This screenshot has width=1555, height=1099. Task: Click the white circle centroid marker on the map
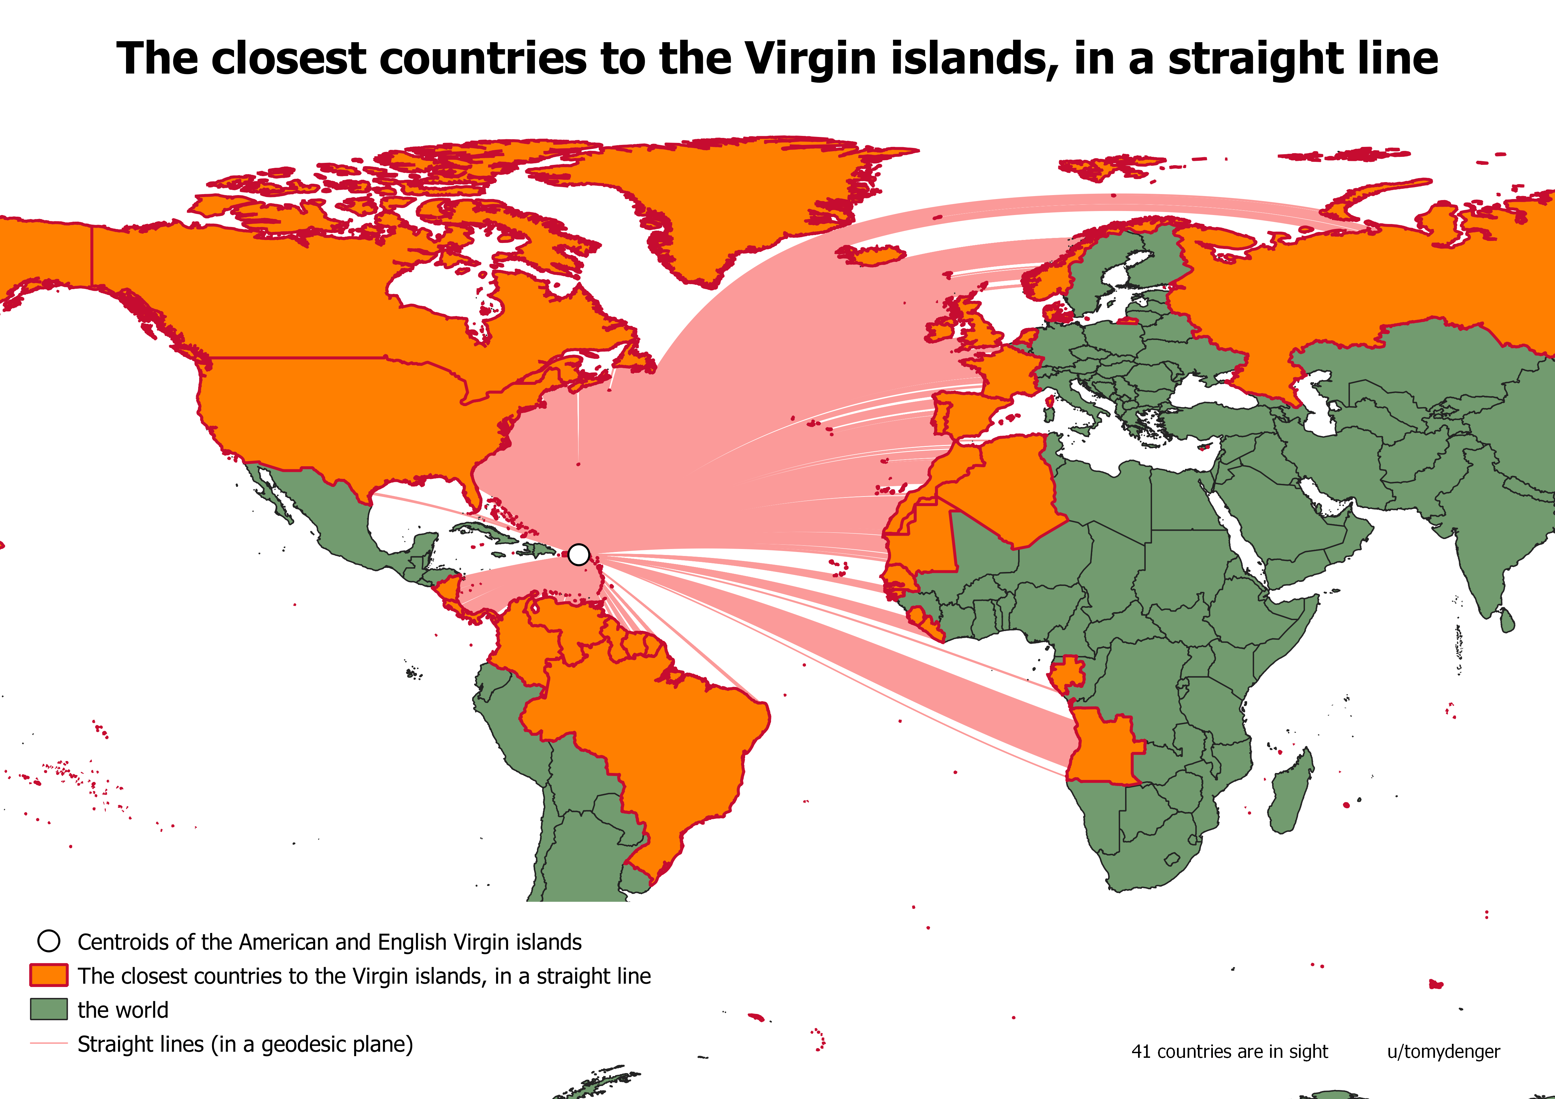pos(579,555)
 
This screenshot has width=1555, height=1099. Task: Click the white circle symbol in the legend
pos(49,941)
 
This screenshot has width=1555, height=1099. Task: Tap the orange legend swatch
pos(49,975)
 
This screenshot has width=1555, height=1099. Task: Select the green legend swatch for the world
pos(49,1009)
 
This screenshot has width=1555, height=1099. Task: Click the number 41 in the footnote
pos(1140,1051)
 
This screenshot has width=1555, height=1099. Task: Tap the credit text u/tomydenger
pos(1443,1051)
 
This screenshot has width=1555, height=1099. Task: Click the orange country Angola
pos(1101,745)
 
